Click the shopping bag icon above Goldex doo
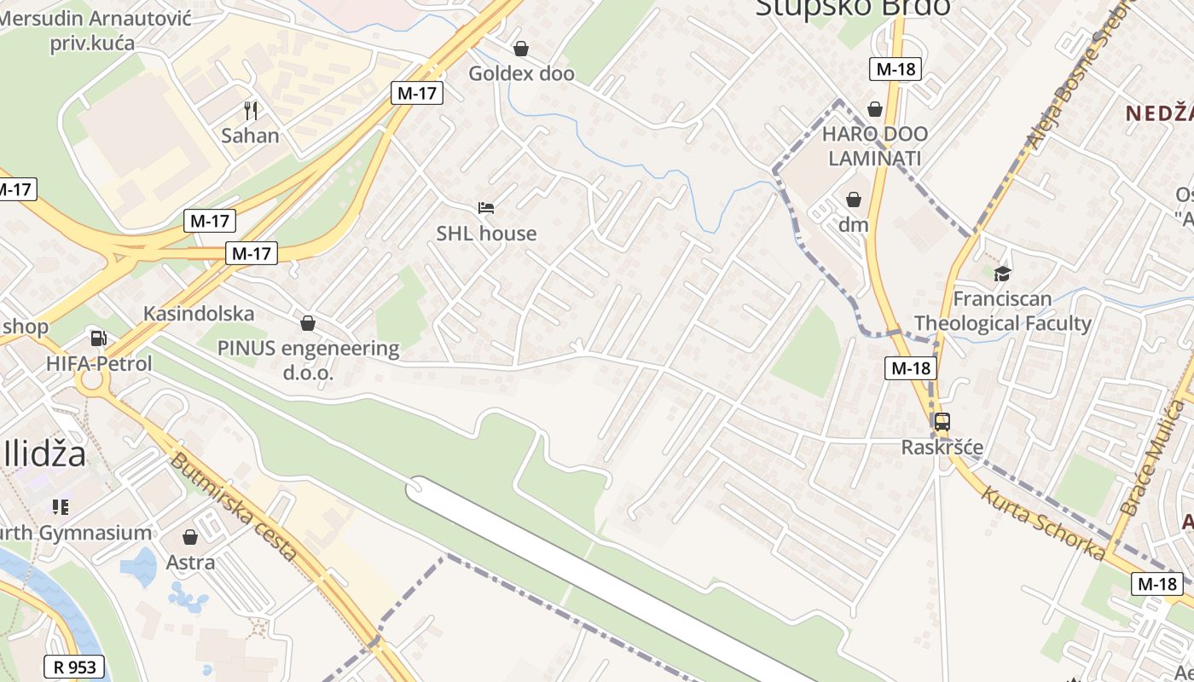(520, 49)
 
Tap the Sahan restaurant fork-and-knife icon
(250, 110)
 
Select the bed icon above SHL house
(486, 208)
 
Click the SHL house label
(486, 234)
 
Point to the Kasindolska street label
(199, 314)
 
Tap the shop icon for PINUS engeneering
(308, 323)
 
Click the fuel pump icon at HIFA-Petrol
(99, 338)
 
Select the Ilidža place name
(44, 454)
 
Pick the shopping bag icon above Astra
(190, 537)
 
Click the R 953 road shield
(74, 667)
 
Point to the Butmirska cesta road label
(234, 507)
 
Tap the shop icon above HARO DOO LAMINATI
(875, 109)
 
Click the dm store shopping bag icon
(853, 199)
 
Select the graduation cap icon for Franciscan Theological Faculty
(1002, 274)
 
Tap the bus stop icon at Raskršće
(942, 421)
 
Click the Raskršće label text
(942, 448)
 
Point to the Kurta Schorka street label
(1042, 523)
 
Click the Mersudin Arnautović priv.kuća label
(96, 30)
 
